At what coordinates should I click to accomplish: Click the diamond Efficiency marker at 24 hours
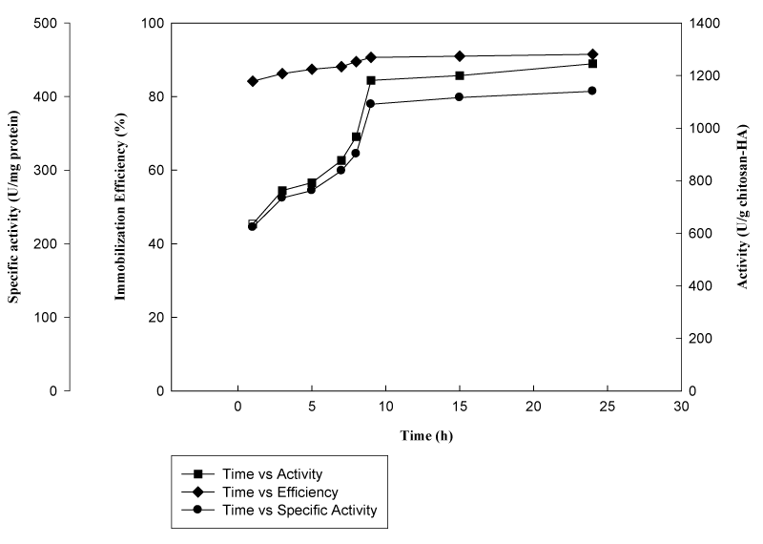pos(592,54)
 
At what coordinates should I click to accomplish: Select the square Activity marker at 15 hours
pos(460,75)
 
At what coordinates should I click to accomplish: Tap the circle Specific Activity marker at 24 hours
pos(592,91)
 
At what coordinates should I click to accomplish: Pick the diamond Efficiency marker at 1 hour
pos(253,81)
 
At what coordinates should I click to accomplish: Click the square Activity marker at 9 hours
pos(371,80)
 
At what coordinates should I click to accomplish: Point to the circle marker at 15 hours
pos(460,97)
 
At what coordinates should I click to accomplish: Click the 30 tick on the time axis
pos(681,407)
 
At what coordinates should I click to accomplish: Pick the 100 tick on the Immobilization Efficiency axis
pos(152,23)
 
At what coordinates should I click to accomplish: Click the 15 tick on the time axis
pos(460,407)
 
